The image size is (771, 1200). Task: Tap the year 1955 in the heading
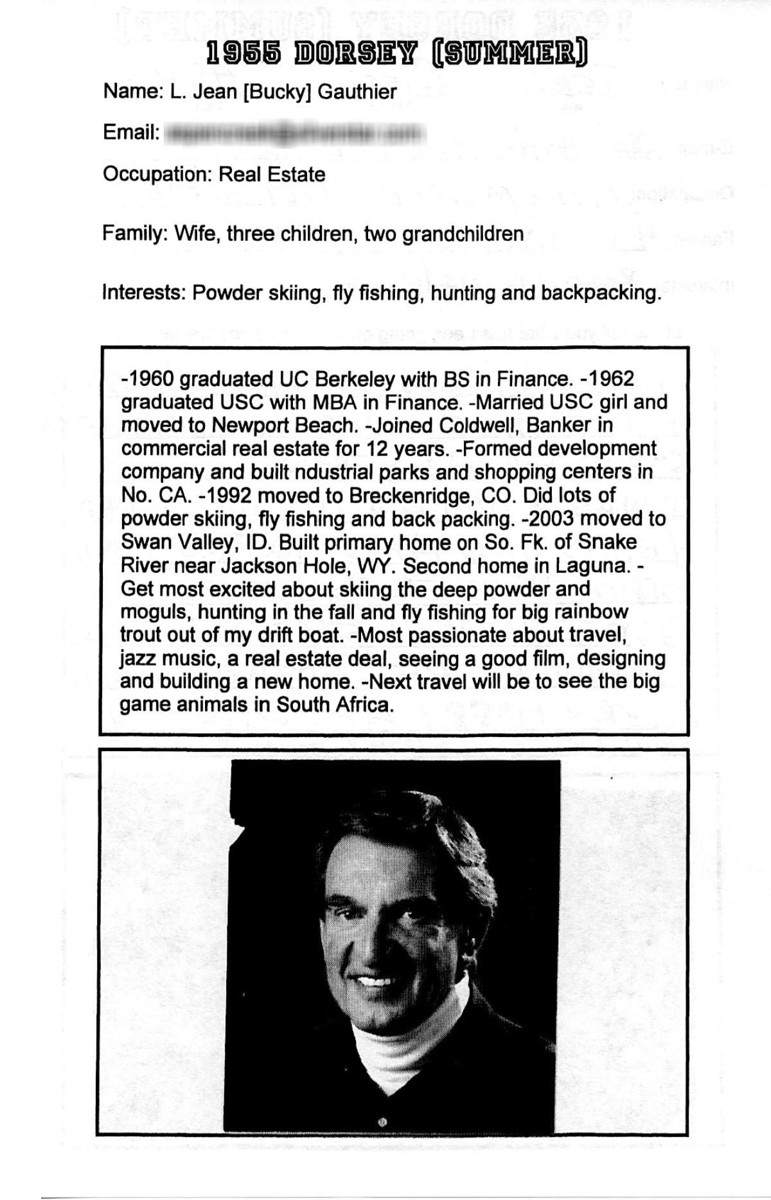tap(245, 55)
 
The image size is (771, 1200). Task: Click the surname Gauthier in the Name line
tap(357, 92)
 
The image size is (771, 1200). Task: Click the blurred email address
tap(296, 134)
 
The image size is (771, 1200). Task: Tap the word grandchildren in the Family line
tap(463, 234)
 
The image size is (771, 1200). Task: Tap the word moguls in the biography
tap(153, 613)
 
